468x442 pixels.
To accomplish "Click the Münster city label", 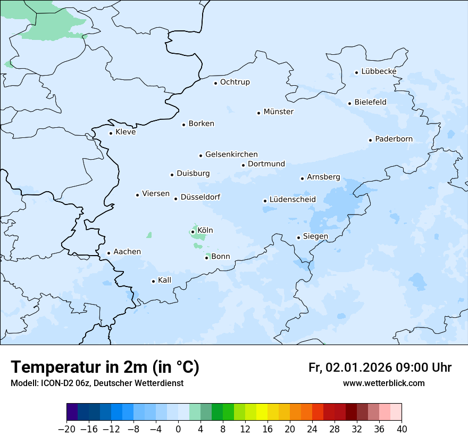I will (x=278, y=112).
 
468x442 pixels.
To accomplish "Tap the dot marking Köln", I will (x=193, y=232).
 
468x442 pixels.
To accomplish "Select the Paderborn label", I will (x=394, y=139).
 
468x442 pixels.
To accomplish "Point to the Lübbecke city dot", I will (x=356, y=72).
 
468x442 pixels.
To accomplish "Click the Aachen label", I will (x=127, y=252).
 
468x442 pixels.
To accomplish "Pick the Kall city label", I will (x=165, y=280).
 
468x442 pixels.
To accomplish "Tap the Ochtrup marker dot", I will (x=215, y=83).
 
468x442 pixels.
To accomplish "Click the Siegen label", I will (x=315, y=236).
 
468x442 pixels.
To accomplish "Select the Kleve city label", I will (x=126, y=132).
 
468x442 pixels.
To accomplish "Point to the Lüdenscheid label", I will (x=292, y=200).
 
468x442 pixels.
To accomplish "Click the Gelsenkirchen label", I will (x=231, y=154).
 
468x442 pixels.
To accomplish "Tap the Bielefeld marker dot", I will (x=349, y=103).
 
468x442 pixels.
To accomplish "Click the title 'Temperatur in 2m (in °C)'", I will (x=105, y=367).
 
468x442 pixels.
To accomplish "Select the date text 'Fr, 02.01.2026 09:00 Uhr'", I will (x=380, y=367).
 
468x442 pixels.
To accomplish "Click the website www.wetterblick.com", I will (x=383, y=383).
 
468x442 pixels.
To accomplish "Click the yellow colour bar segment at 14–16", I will (x=262, y=412).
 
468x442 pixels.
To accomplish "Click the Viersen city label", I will (x=156, y=194).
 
